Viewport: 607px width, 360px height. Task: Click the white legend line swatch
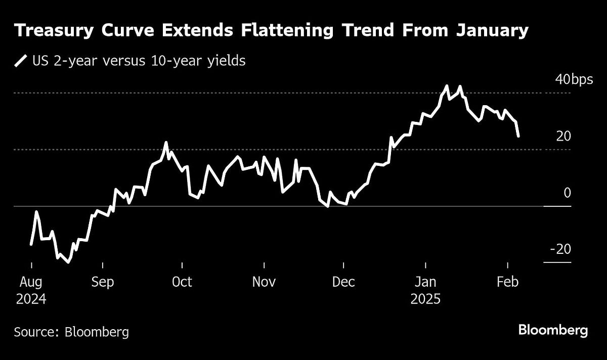[21, 62]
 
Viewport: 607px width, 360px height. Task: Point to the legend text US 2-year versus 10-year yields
[139, 62]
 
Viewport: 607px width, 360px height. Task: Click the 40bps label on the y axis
[571, 80]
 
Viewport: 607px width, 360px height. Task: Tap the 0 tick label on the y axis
[567, 193]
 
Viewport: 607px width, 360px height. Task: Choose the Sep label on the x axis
[103, 282]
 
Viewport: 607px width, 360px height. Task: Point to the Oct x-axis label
[182, 282]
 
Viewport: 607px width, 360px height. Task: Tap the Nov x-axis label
[264, 282]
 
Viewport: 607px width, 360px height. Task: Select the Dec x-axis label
[343, 282]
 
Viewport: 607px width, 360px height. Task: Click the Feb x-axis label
[508, 282]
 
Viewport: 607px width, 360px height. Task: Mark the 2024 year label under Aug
[31, 299]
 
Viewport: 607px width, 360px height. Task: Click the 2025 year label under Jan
[426, 299]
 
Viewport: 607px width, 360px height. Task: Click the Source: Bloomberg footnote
[71, 332]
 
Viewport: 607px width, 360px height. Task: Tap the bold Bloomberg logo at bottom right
[553, 331]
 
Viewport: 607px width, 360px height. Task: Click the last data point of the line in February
[518, 136]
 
